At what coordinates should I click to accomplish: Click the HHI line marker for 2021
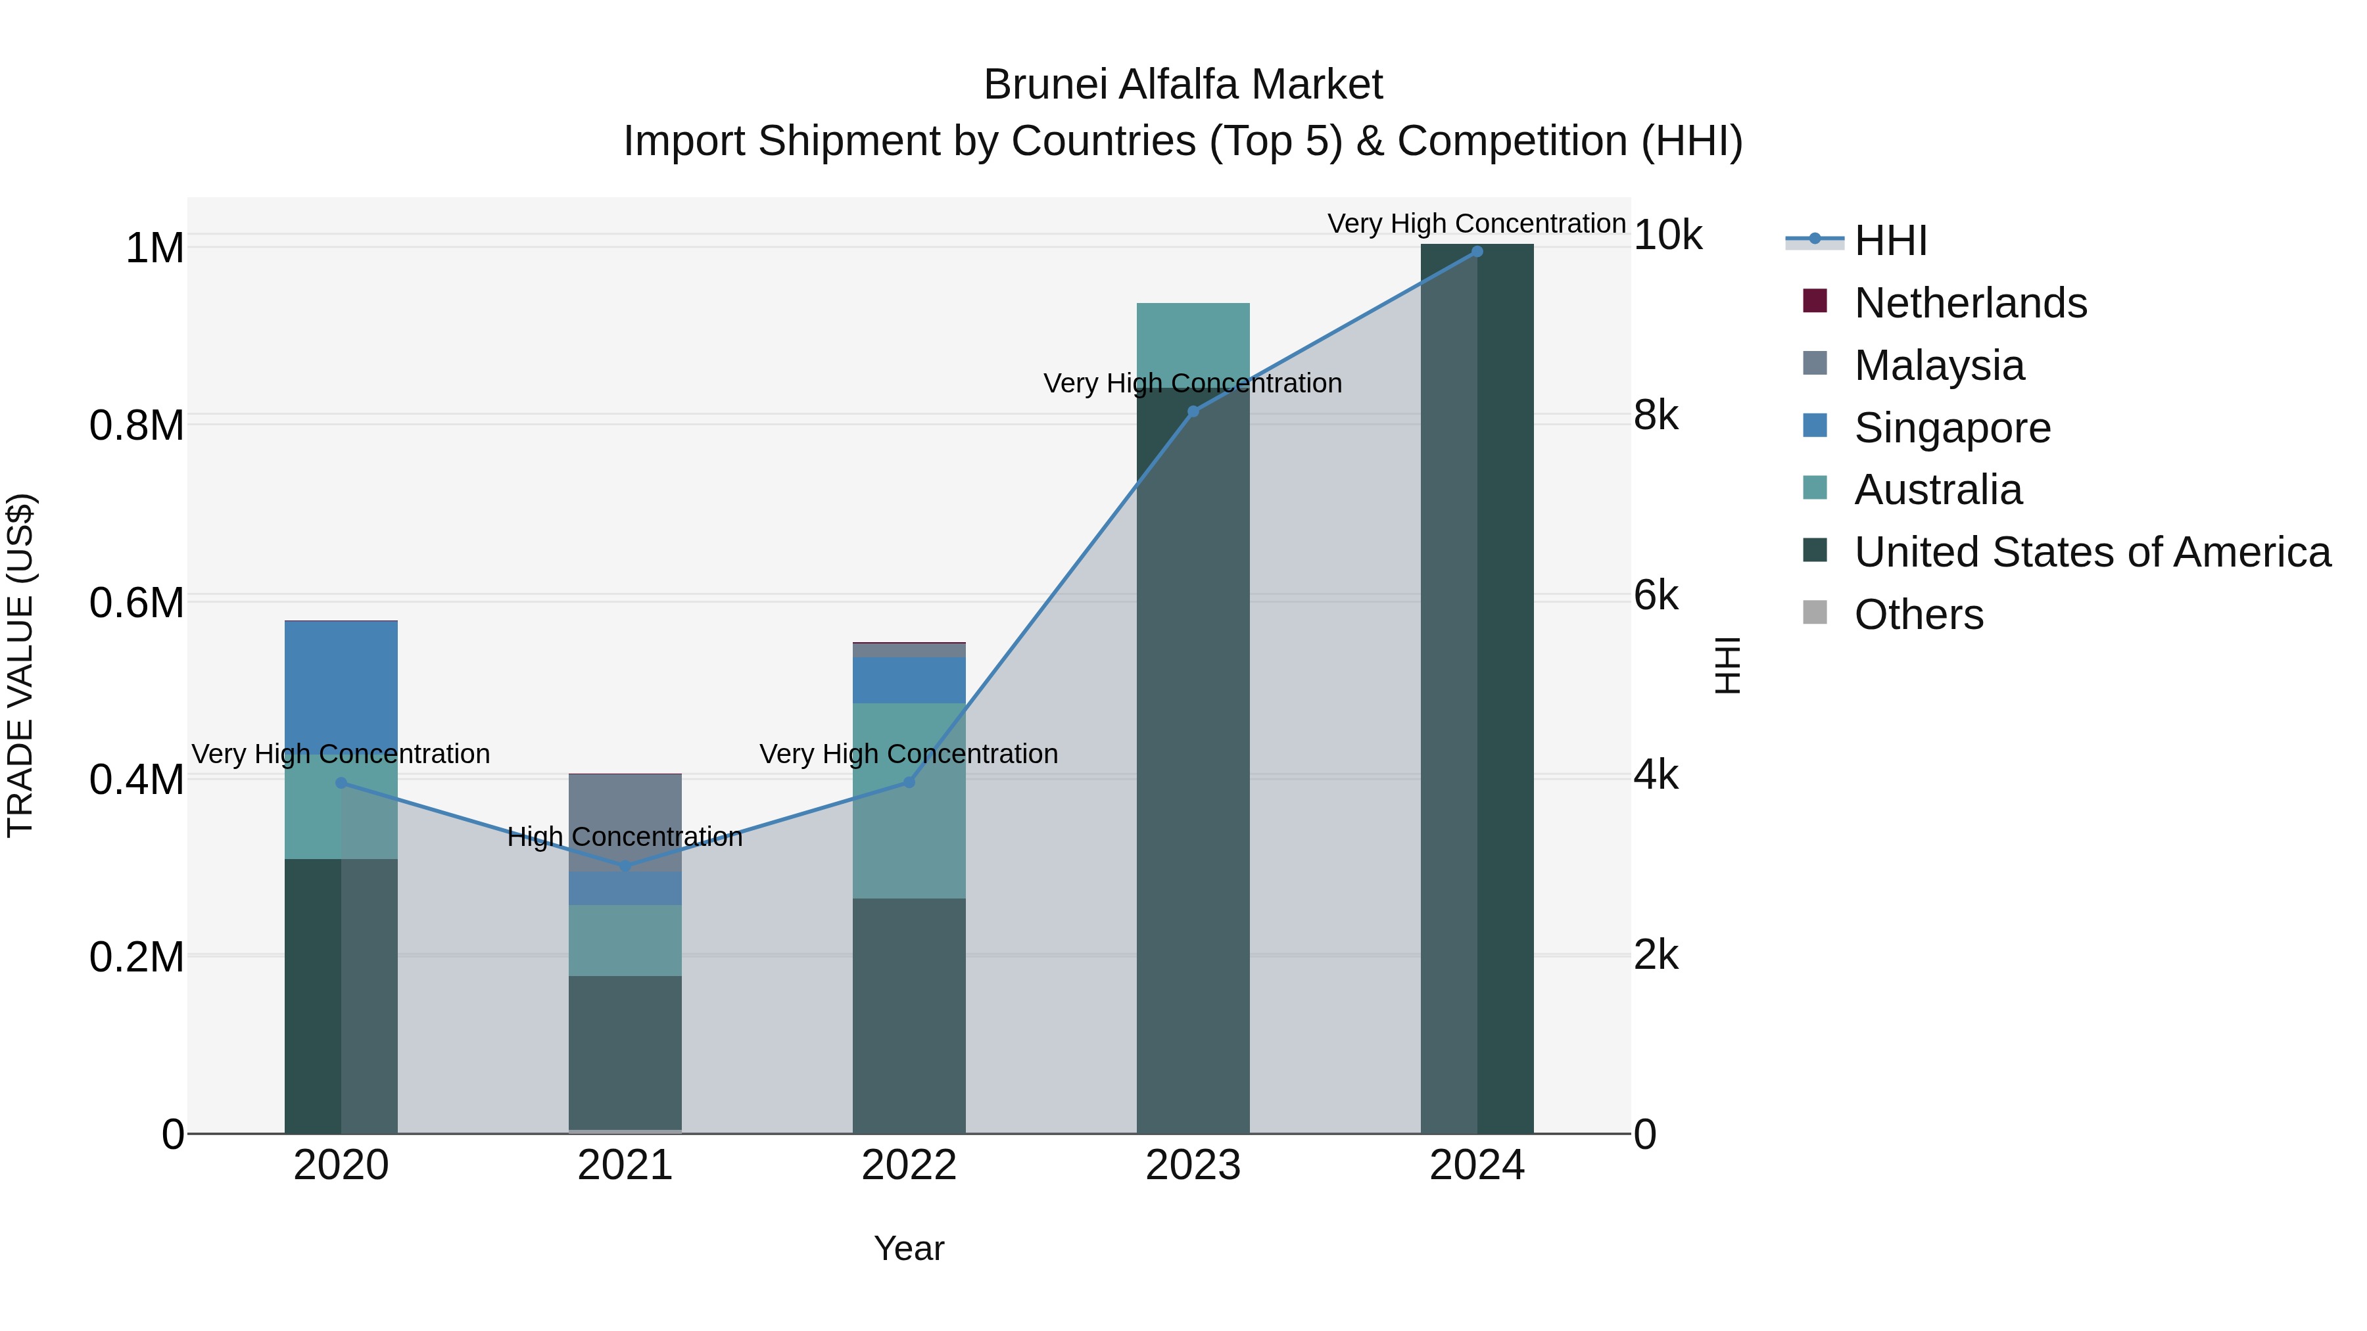point(625,866)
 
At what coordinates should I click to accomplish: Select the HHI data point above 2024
point(1477,252)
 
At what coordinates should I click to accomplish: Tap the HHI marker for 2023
point(1193,411)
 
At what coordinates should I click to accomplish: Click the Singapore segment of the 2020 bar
point(341,684)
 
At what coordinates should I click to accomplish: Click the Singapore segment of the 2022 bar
point(909,680)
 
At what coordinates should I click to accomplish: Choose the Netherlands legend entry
point(1970,303)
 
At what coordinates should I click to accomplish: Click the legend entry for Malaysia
point(1939,365)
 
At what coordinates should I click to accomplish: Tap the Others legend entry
point(1919,615)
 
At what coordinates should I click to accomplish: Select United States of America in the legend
point(2092,552)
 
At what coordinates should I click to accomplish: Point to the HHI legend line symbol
point(1814,240)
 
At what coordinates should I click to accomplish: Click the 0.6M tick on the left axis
point(137,603)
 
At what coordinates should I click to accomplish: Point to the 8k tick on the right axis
point(1656,415)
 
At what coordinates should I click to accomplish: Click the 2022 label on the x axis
point(909,1165)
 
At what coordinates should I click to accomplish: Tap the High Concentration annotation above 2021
point(625,837)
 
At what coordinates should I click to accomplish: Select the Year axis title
point(909,1248)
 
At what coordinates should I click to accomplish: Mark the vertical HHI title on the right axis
point(1727,665)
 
